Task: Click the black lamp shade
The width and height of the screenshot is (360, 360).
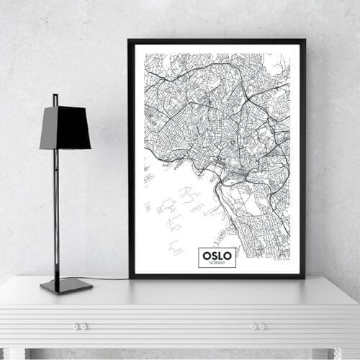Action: pos(65,127)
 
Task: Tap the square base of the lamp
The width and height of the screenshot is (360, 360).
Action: pos(66,285)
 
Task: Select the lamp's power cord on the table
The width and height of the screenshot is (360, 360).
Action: pos(108,279)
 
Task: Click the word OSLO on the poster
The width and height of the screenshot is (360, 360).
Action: pos(217,256)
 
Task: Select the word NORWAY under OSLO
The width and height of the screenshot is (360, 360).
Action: pos(217,264)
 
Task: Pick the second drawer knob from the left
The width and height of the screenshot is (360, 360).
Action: pos(84,326)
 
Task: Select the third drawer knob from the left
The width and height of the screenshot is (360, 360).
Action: pos(253,326)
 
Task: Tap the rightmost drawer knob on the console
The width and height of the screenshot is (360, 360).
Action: pos(263,326)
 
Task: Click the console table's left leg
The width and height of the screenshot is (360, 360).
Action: pos(14,354)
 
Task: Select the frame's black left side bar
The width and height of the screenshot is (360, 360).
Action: pos(131,158)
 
